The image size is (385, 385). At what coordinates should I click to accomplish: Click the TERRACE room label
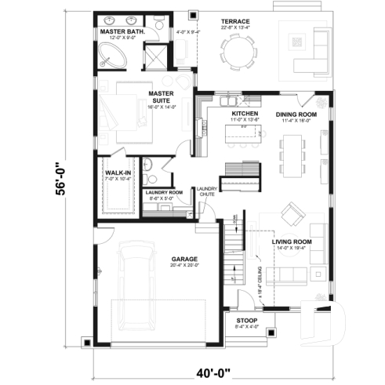point(235,22)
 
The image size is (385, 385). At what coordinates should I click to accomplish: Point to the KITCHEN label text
point(245,114)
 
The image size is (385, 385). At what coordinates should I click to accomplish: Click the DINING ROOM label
point(296,114)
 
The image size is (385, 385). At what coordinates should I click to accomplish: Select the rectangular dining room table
point(294,153)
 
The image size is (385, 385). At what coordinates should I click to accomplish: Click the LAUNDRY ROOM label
point(165,192)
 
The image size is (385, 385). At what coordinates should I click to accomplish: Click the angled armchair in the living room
point(293,212)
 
